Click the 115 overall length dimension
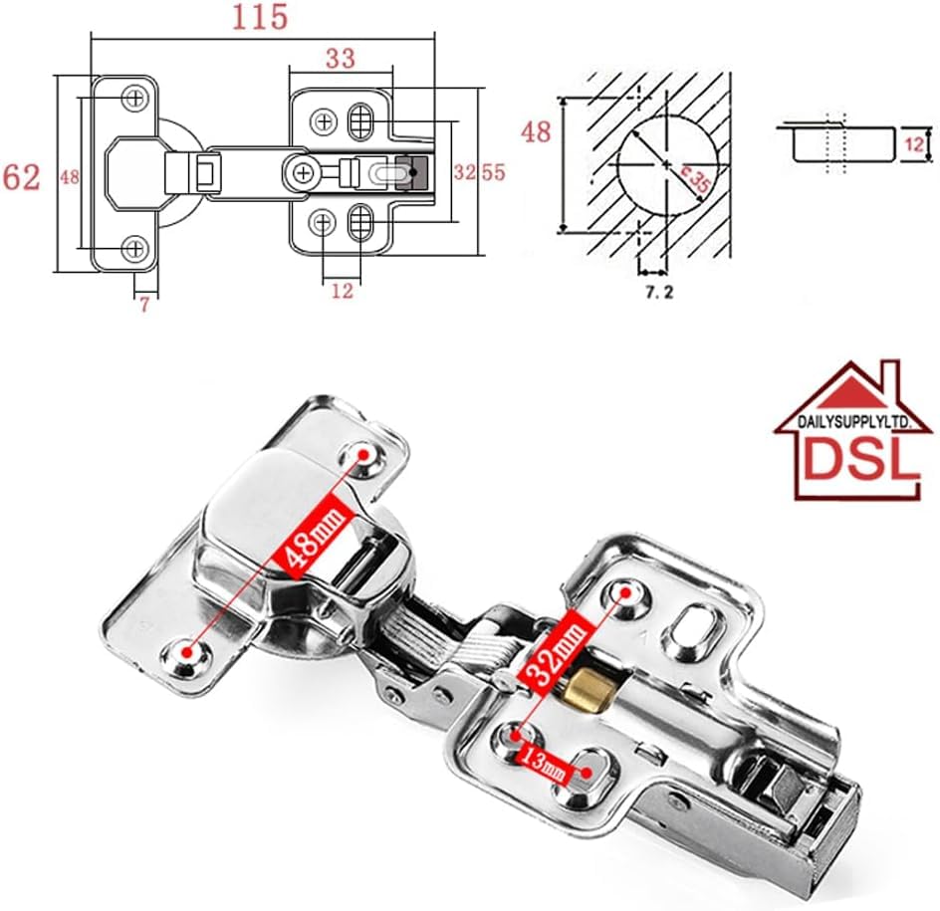pos(260,17)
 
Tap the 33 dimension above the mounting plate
pos(341,59)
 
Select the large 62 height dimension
pos(22,177)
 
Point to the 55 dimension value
pos(494,172)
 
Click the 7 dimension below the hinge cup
pos(144,305)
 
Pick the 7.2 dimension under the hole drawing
pos(659,292)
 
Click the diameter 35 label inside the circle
pos(695,178)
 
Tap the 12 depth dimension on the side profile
pos(914,144)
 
